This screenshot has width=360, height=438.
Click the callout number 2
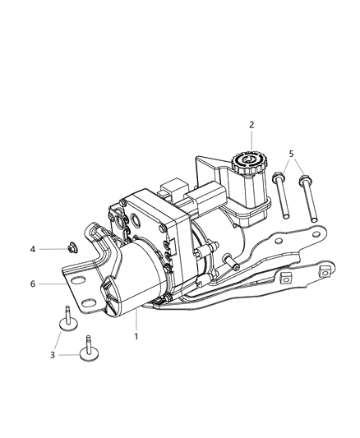coord(252,125)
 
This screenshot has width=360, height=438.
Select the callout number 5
coord(291,154)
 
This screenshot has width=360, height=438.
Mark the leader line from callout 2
coord(252,139)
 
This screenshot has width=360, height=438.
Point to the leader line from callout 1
coord(136,322)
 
